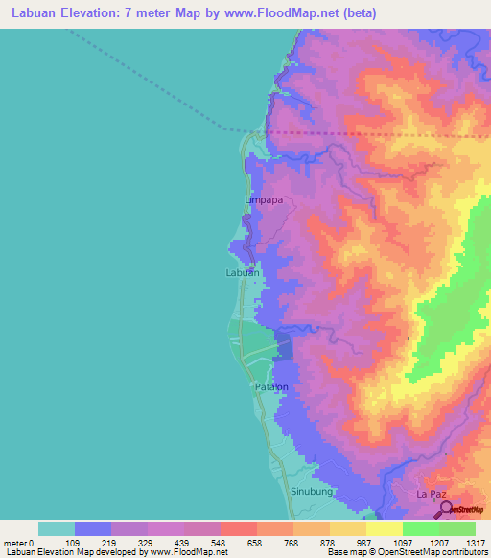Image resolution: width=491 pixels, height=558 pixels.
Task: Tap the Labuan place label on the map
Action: tap(242, 273)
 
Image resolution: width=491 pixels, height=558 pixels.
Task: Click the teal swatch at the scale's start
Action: tap(57, 528)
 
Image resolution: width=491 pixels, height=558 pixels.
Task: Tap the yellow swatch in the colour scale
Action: tap(384, 528)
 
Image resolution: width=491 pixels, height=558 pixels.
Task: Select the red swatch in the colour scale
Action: tap(238, 528)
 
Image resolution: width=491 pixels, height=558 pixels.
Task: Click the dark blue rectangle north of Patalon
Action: tap(285, 344)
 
